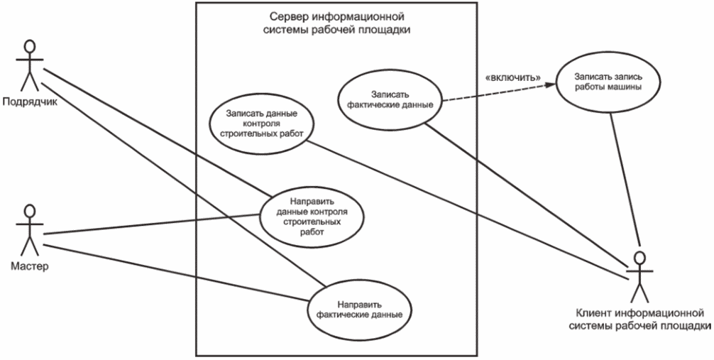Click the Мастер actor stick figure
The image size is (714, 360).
pyautogui.click(x=29, y=231)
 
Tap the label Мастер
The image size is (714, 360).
pyautogui.click(x=29, y=268)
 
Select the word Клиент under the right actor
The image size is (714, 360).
pyautogui.click(x=595, y=312)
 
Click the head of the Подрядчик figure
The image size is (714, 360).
pyautogui.click(x=29, y=46)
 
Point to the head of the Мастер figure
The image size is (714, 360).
pyautogui.click(x=29, y=212)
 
